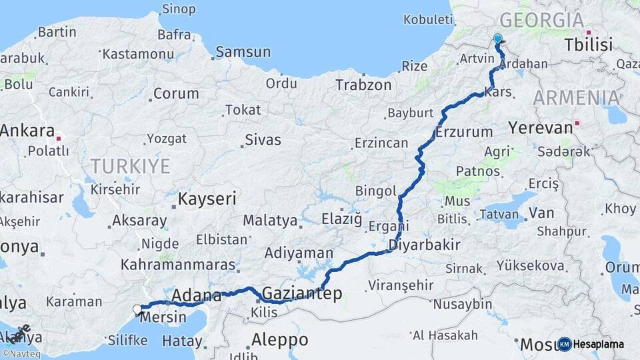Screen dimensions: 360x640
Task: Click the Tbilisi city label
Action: tap(588, 45)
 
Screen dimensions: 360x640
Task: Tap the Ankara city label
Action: tap(27, 131)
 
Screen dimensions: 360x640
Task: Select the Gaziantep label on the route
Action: tap(302, 293)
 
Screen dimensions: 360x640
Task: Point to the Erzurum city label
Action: tap(464, 132)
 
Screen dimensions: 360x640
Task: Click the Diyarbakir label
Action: tap(425, 245)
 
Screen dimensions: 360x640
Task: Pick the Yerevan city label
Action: tap(540, 127)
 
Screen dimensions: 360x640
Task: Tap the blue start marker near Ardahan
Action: tap(497, 39)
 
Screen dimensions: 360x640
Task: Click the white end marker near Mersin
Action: tap(137, 309)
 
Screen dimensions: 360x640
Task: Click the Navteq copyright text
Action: tap(21, 353)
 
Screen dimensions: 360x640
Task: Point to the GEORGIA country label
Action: tap(541, 20)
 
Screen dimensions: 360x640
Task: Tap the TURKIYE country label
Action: tap(131, 166)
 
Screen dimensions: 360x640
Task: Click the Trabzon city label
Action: tap(363, 85)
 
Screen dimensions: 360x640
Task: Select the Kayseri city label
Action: tap(207, 198)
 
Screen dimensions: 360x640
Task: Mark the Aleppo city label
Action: tap(279, 339)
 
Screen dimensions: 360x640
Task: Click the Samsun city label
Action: tap(243, 52)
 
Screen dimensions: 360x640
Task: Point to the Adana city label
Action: tap(197, 295)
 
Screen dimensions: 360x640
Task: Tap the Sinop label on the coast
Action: tap(179, 9)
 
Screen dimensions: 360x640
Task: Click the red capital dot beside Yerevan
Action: tap(577, 123)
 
